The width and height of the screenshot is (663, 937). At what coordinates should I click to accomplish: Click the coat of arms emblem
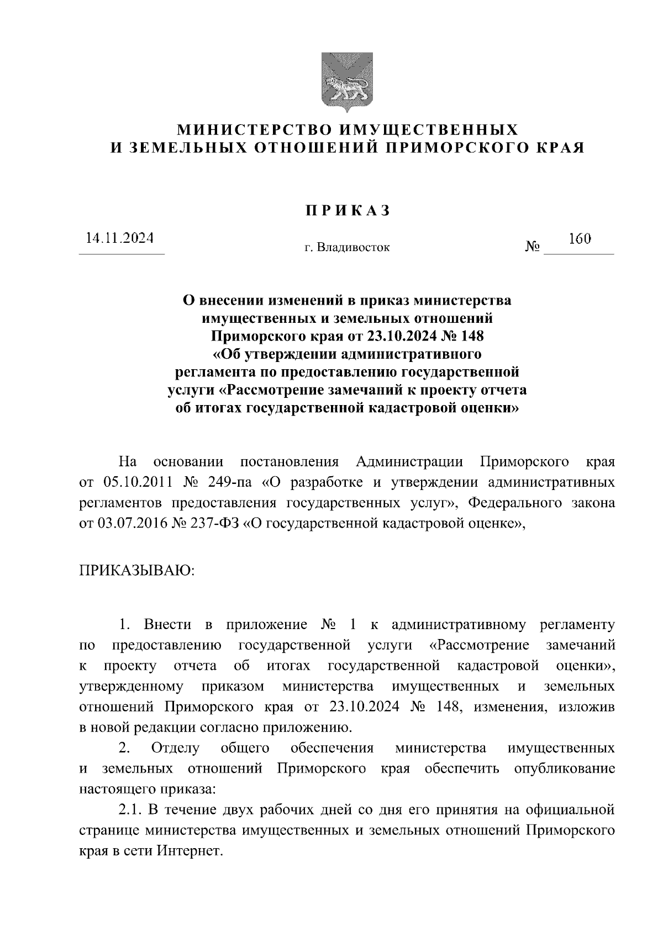(x=348, y=81)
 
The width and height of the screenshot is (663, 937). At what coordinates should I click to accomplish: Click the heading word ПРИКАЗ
(x=348, y=210)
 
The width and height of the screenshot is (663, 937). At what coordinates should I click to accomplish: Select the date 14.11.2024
(x=119, y=238)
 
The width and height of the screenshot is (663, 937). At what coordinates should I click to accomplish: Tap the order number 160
(x=580, y=239)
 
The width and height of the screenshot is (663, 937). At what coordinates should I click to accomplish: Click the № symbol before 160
(x=532, y=247)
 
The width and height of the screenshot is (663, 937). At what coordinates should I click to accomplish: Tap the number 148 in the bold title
(x=471, y=336)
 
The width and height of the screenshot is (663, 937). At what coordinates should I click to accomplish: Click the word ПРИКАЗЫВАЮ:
(x=136, y=569)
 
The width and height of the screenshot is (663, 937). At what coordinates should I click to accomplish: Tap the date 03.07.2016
(x=130, y=523)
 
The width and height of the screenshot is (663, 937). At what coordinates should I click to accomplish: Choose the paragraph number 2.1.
(x=131, y=810)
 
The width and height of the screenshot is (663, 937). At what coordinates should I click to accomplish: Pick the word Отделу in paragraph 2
(x=175, y=749)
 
